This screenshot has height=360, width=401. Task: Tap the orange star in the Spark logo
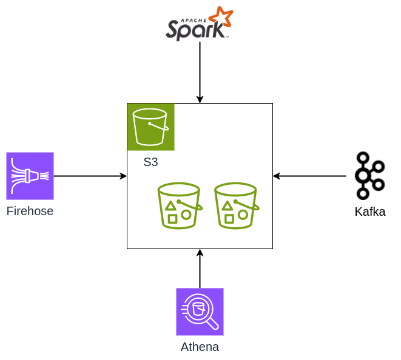(220, 18)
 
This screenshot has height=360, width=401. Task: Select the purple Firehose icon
(30, 176)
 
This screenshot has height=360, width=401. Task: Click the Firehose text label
(30, 212)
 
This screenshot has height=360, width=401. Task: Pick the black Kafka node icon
(369, 176)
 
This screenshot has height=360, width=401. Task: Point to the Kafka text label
(369, 212)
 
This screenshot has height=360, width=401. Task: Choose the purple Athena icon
(200, 312)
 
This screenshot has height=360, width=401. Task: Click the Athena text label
(200, 347)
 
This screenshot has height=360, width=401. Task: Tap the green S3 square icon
(150, 127)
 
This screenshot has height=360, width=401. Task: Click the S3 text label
(150, 162)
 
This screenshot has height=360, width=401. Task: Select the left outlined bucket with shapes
(179, 205)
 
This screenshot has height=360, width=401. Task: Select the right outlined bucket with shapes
(236, 205)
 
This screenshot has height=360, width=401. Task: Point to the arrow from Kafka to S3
(309, 176)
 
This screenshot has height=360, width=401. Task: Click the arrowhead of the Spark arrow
(200, 99)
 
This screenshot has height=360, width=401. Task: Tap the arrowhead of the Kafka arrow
(277, 176)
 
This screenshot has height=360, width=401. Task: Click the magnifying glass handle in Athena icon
(213, 324)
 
